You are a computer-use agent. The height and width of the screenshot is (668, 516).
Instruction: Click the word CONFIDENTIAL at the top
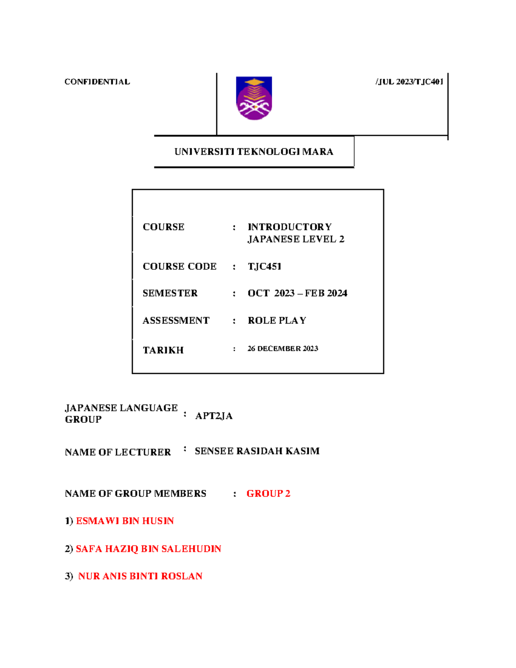[97, 82]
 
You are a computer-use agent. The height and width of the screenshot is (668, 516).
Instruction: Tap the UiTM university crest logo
[254, 98]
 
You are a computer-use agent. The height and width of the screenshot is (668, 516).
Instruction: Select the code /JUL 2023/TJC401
[409, 82]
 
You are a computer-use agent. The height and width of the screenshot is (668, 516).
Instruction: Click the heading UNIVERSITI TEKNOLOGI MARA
[254, 152]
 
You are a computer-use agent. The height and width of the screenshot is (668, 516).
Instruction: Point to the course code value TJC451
[264, 267]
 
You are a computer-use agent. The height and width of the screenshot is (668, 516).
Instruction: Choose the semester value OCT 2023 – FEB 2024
[297, 293]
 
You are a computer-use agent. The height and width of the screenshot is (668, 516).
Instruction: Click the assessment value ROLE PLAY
[277, 320]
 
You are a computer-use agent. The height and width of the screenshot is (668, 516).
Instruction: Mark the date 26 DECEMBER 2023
[283, 349]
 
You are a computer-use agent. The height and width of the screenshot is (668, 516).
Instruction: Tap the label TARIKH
[163, 350]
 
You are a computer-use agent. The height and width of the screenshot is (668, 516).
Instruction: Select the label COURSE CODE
[179, 267]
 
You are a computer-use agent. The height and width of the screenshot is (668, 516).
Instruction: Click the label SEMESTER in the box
[170, 293]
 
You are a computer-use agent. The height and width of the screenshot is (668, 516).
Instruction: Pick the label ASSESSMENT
[176, 320]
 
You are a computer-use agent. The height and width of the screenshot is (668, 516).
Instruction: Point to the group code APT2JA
[214, 416]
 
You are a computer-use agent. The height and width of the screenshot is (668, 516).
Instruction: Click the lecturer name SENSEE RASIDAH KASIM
[257, 451]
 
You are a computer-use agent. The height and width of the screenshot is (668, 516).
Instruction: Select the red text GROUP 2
[268, 494]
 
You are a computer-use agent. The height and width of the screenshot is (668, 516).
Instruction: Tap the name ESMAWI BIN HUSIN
[125, 521]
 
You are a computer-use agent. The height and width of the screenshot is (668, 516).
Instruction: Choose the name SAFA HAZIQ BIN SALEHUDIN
[148, 549]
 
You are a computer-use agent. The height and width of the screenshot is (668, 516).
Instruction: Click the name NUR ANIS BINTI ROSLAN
[140, 576]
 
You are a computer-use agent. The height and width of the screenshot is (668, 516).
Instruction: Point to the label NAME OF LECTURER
[118, 452]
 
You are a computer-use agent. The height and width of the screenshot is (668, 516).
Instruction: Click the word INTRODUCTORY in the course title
[289, 227]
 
